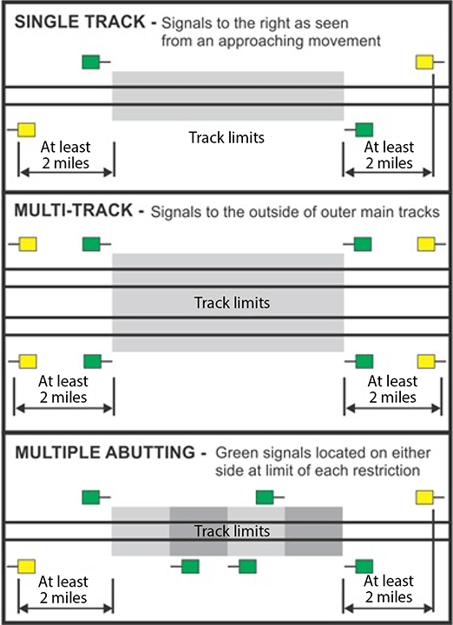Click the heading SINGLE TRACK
(80, 22)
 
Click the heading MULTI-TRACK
(73, 210)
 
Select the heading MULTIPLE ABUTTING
(105, 452)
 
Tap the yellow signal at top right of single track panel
(424, 62)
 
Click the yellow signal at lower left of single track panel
(27, 130)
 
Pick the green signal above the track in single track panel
(91, 62)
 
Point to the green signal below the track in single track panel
(364, 130)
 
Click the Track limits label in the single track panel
(226, 137)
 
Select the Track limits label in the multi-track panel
(232, 303)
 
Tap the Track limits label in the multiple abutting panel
(232, 531)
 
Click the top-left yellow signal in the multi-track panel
(28, 244)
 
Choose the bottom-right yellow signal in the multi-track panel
(426, 361)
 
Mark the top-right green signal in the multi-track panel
(363, 244)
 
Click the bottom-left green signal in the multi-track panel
(93, 361)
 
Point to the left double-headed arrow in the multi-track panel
(63, 408)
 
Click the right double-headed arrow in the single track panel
(389, 172)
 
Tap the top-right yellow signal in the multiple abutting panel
(424, 497)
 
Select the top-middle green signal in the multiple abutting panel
(265, 497)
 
